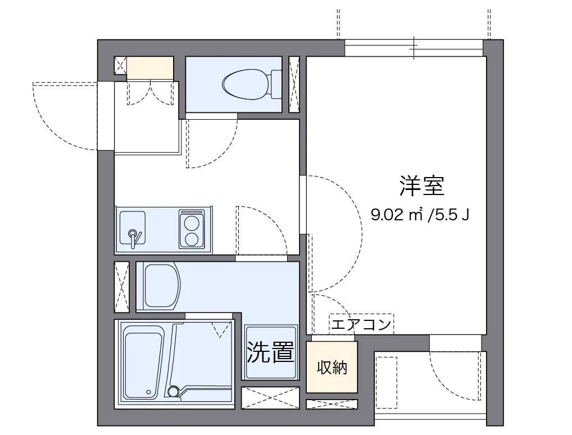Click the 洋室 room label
point(422,186)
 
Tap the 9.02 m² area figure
point(397,214)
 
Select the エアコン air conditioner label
point(361,324)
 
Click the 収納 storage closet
point(332,368)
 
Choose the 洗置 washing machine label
point(271,352)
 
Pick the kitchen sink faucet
point(133,236)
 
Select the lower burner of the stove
point(192,239)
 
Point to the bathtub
point(143,363)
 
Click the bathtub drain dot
point(148,392)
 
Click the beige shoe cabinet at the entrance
point(149,68)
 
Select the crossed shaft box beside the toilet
point(294,84)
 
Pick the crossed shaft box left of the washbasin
point(121,287)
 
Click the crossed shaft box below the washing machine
point(270,398)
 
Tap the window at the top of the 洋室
point(414,48)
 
